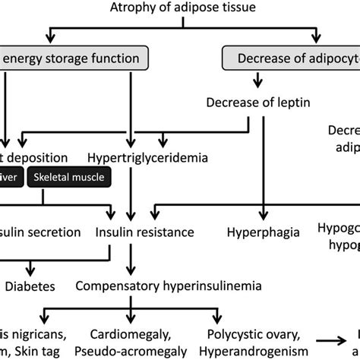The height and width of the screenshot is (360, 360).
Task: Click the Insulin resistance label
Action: coord(144,231)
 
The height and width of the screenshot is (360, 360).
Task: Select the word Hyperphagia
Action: coord(263,231)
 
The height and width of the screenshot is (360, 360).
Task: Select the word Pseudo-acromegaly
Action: coord(134,350)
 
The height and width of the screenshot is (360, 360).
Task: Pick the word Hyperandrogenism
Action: coord(251,350)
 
